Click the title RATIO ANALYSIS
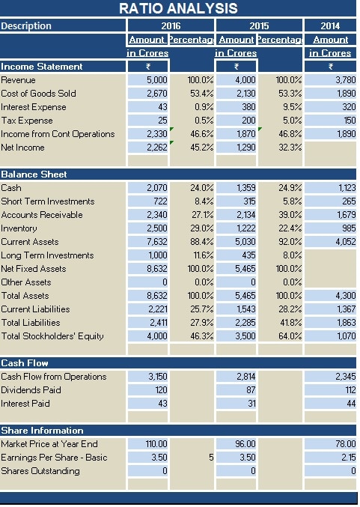coord(178,8)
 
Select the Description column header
coord(27,26)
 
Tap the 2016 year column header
coord(171,26)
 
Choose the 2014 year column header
coord(329,26)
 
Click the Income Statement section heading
coord(42,67)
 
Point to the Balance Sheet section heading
coord(34,174)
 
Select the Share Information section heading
coord(42,431)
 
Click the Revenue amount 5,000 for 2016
coord(157,80)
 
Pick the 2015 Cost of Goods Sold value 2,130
coord(245,94)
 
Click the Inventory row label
coord(19,228)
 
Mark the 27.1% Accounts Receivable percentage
coord(193,215)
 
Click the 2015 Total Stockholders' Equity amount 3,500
coord(244,336)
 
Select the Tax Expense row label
coord(22,121)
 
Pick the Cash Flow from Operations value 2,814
coord(245,377)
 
